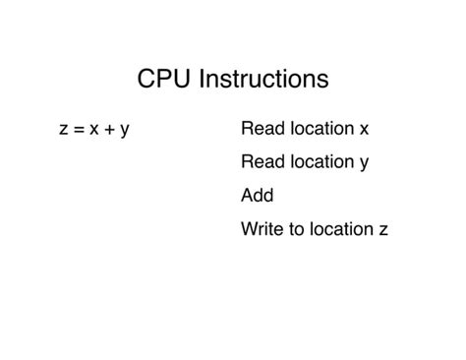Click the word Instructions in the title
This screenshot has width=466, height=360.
(x=262, y=79)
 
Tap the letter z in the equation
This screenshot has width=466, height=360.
(x=65, y=129)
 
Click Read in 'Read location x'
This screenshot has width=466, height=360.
(x=260, y=129)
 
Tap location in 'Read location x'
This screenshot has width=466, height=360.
(x=319, y=129)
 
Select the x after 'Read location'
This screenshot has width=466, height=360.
(x=364, y=129)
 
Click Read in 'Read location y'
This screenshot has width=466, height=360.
(x=260, y=162)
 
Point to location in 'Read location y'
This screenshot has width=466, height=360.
(x=319, y=162)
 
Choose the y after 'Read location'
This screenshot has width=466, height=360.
(x=364, y=164)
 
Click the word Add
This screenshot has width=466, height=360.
(x=257, y=196)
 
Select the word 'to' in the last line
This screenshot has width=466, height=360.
(x=295, y=229)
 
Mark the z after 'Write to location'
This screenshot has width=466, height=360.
(x=383, y=229)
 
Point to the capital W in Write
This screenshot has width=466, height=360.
(x=249, y=229)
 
